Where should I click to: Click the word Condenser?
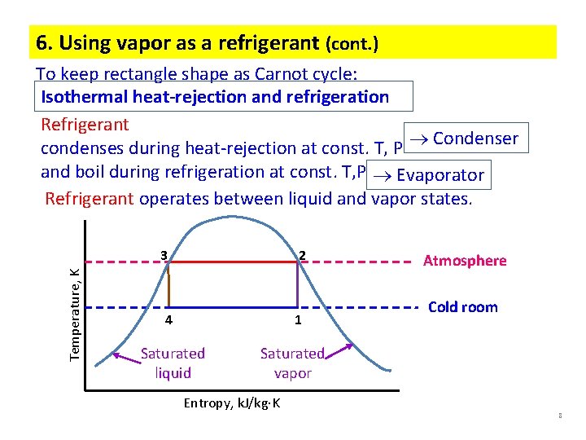(x=475, y=139)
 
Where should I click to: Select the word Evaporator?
(x=440, y=174)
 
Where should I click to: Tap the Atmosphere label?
(x=465, y=261)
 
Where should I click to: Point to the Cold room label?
(x=462, y=307)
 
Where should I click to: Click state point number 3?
(x=164, y=255)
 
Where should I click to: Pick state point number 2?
(x=301, y=255)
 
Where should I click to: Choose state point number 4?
(x=168, y=320)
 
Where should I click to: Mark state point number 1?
(x=298, y=320)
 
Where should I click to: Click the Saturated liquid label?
(x=173, y=363)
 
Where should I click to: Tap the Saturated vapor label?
(x=292, y=363)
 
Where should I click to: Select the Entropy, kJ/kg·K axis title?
(x=232, y=403)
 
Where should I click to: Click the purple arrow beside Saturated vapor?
(x=338, y=351)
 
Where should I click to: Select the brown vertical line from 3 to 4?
(x=168, y=285)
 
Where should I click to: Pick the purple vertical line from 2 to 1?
(x=297, y=285)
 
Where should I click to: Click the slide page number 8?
(x=560, y=417)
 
